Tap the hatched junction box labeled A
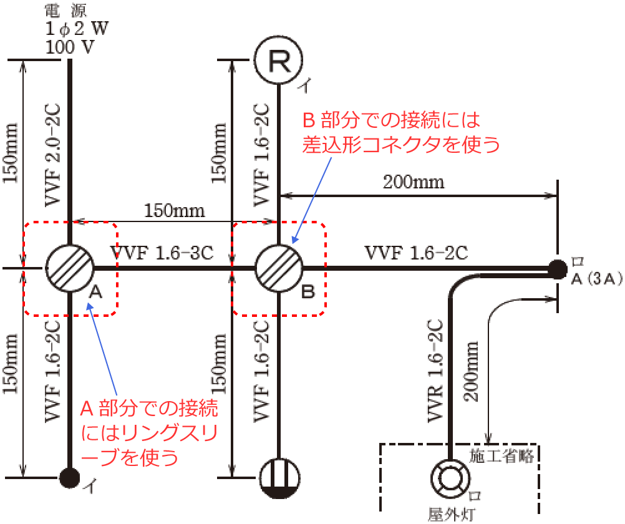[x=69, y=268]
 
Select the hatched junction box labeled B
[x=279, y=268]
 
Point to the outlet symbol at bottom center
[x=279, y=478]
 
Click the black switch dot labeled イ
[x=69, y=478]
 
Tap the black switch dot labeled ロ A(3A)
[x=555, y=269]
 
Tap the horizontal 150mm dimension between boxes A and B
[x=174, y=210]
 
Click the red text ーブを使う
[x=130, y=457]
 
